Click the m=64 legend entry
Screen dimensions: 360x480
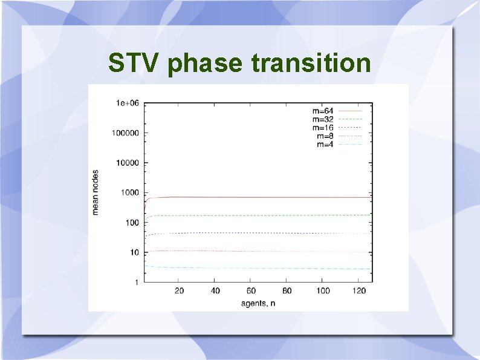(x=323, y=111)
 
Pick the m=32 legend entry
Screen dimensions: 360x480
(x=323, y=119)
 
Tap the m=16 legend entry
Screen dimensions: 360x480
(x=323, y=128)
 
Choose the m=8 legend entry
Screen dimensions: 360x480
(x=325, y=136)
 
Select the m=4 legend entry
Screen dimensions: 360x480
(x=325, y=144)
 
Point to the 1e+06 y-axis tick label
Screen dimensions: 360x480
(x=128, y=103)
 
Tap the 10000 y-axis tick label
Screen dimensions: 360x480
(x=128, y=163)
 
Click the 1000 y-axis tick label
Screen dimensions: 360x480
(x=130, y=193)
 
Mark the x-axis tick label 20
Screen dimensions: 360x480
(x=180, y=291)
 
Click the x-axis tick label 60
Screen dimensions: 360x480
(x=251, y=291)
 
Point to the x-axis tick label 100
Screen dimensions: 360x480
(x=323, y=291)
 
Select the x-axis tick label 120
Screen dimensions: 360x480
(x=359, y=291)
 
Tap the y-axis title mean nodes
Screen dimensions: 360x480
(x=96, y=192)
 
